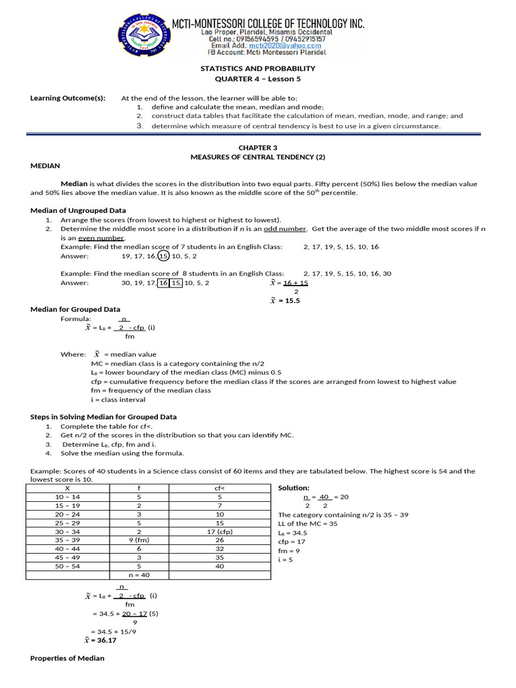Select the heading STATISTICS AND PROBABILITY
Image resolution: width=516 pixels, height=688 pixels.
(257, 69)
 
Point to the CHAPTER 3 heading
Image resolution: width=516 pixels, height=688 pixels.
(257, 147)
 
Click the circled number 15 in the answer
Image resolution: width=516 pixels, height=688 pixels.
(163, 256)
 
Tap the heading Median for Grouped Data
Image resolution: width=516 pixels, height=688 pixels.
(75, 309)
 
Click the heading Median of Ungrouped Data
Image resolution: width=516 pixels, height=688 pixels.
(78, 210)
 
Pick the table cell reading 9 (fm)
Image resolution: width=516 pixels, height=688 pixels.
(138, 539)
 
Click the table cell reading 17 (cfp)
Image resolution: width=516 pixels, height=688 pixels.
(219, 531)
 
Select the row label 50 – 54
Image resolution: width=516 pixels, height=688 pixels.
(67, 566)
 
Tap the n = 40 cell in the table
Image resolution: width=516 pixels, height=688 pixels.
(138, 575)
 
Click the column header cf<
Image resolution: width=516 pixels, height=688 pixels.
(219, 487)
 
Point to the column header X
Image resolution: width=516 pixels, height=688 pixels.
(67, 487)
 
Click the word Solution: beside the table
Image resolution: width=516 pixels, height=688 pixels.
(294, 487)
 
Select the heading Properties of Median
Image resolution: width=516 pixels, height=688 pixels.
(67, 658)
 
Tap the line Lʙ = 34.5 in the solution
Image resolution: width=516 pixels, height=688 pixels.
(292, 532)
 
